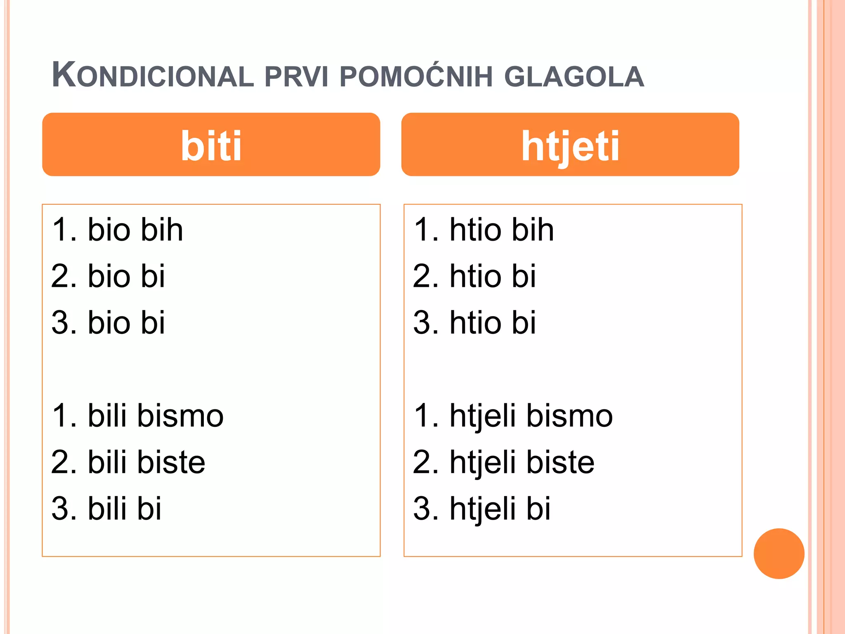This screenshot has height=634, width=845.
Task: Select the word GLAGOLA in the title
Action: coord(574,77)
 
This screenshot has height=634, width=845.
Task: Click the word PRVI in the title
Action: coord(296,77)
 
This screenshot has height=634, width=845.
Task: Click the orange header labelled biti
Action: coord(211,144)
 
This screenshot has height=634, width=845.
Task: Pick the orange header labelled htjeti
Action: coord(570,144)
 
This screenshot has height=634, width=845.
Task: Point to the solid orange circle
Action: coord(779,554)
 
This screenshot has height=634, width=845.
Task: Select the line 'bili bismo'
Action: coord(138,415)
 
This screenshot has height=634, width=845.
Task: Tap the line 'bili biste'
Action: coord(128,462)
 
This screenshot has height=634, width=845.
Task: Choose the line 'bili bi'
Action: coord(106,508)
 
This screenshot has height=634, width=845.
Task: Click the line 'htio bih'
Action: coord(484,229)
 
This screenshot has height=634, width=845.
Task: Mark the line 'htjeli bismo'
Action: coord(513,415)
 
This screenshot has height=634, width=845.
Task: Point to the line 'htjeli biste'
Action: coord(504,462)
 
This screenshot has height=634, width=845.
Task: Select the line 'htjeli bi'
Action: coord(482,508)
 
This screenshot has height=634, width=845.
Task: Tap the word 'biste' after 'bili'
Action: coord(171,462)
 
